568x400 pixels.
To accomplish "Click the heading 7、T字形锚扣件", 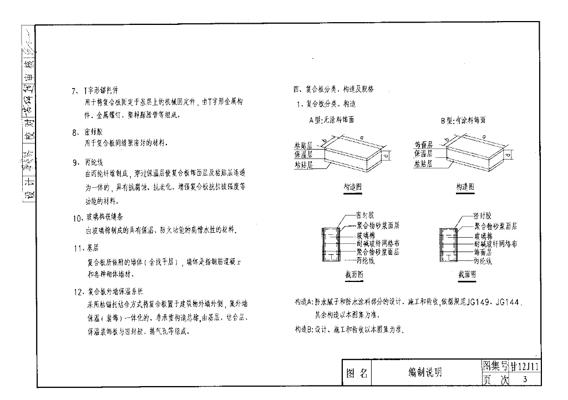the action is [x=94, y=90].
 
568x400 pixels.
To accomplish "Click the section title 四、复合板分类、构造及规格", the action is [x=333, y=89].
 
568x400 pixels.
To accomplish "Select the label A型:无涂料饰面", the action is [x=332, y=120].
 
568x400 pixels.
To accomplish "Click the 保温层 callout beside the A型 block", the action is [x=303, y=154].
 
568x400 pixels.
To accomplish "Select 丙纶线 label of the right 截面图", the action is [x=483, y=260].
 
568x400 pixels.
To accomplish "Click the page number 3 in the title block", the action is [x=524, y=380].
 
